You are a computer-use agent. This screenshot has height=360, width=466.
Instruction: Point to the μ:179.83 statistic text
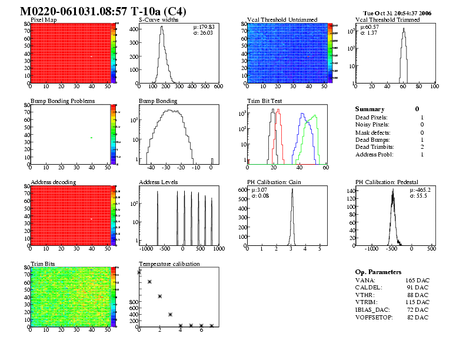coord(204,27)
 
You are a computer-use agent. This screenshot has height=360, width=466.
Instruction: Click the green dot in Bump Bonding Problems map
coord(91,138)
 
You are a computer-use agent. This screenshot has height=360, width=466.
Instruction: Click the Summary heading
coord(370,109)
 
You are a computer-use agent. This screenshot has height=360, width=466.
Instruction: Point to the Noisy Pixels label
coord(372,124)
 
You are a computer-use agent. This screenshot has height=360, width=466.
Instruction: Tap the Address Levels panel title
coord(158,182)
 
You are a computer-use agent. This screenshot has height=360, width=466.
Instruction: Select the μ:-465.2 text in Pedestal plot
coord(420,190)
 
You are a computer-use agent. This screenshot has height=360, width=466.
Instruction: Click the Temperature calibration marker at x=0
coord(139,272)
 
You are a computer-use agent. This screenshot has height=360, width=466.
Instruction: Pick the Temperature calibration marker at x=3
coord(170,315)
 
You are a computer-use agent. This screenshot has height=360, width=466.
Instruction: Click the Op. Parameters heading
coord(378,272)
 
